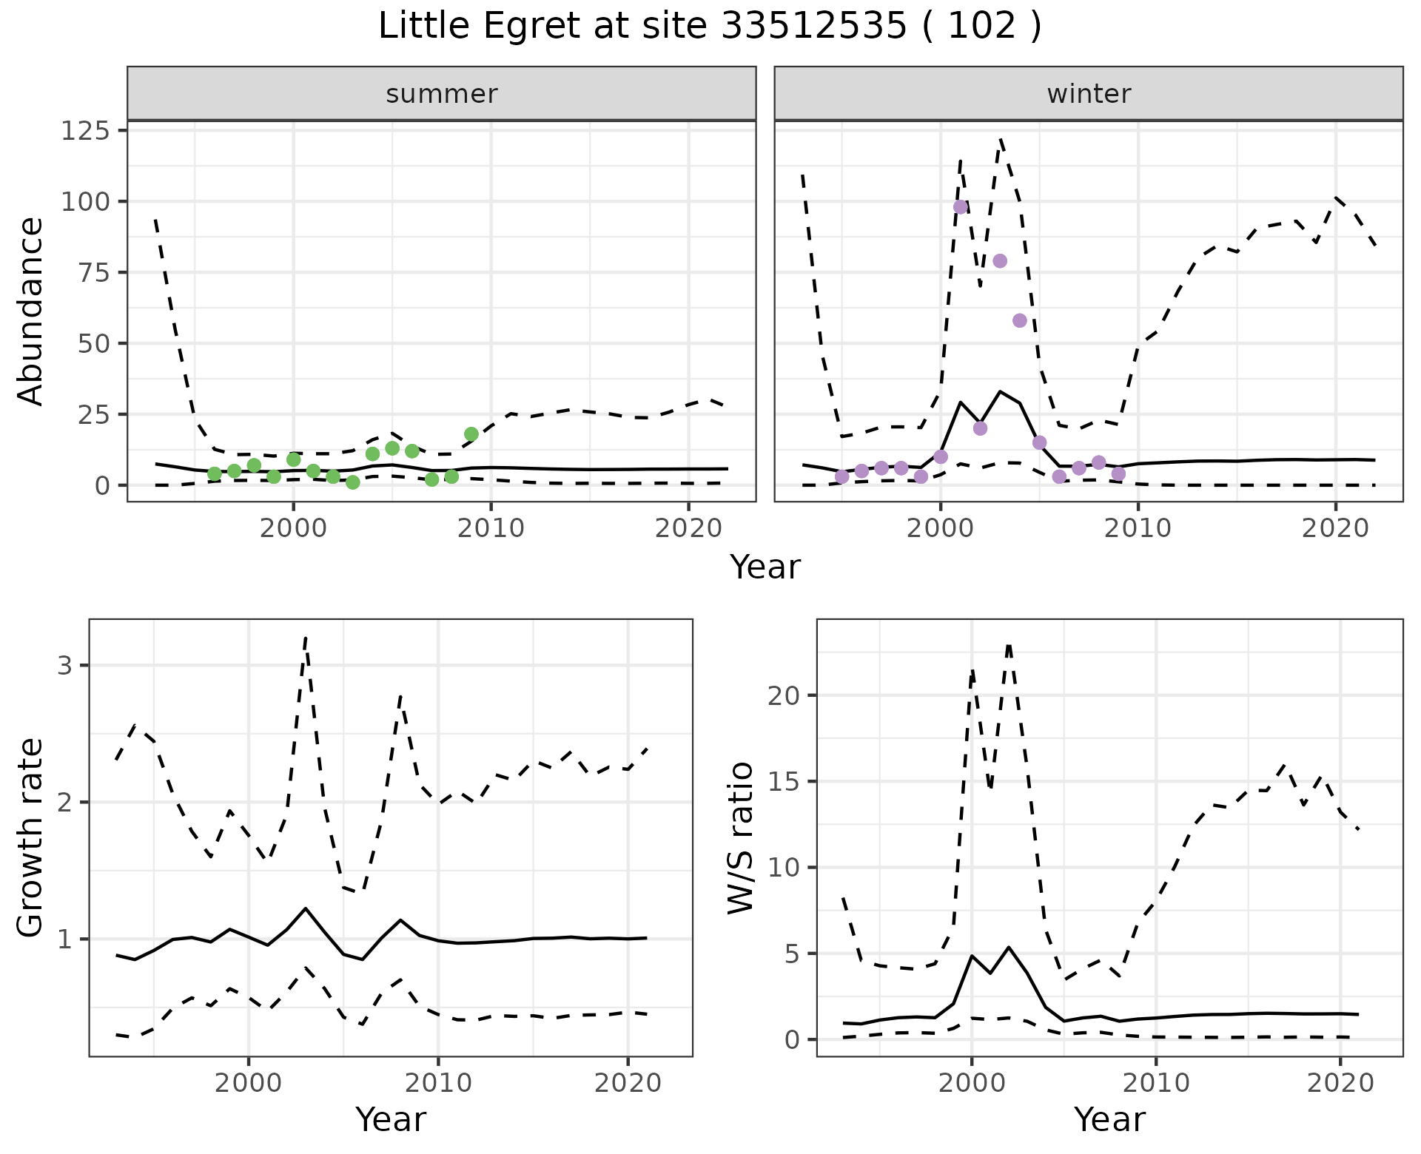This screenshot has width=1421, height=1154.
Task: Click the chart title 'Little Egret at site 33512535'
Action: (x=642, y=27)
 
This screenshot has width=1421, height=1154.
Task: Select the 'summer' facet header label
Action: (x=442, y=94)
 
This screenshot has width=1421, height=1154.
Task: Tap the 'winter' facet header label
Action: (x=1089, y=94)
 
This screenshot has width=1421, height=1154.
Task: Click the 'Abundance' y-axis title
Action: (x=31, y=311)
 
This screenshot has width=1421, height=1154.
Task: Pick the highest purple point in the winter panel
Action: (x=961, y=207)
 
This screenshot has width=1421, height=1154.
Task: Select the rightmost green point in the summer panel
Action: (x=471, y=434)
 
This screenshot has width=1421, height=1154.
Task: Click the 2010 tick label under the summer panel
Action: (x=491, y=529)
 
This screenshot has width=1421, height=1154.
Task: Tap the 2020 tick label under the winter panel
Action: (x=1336, y=529)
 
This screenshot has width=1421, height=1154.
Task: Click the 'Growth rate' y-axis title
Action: (x=31, y=837)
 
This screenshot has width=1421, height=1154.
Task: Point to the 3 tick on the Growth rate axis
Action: (x=64, y=666)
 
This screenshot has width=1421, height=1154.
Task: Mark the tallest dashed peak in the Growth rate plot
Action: (x=306, y=638)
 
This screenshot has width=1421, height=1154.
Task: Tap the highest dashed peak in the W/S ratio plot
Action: (x=1009, y=645)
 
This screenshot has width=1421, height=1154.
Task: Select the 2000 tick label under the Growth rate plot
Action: (x=249, y=1084)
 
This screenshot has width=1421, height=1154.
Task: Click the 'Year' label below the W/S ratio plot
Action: (x=1109, y=1120)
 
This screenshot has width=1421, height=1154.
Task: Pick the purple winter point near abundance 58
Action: (x=1020, y=320)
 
